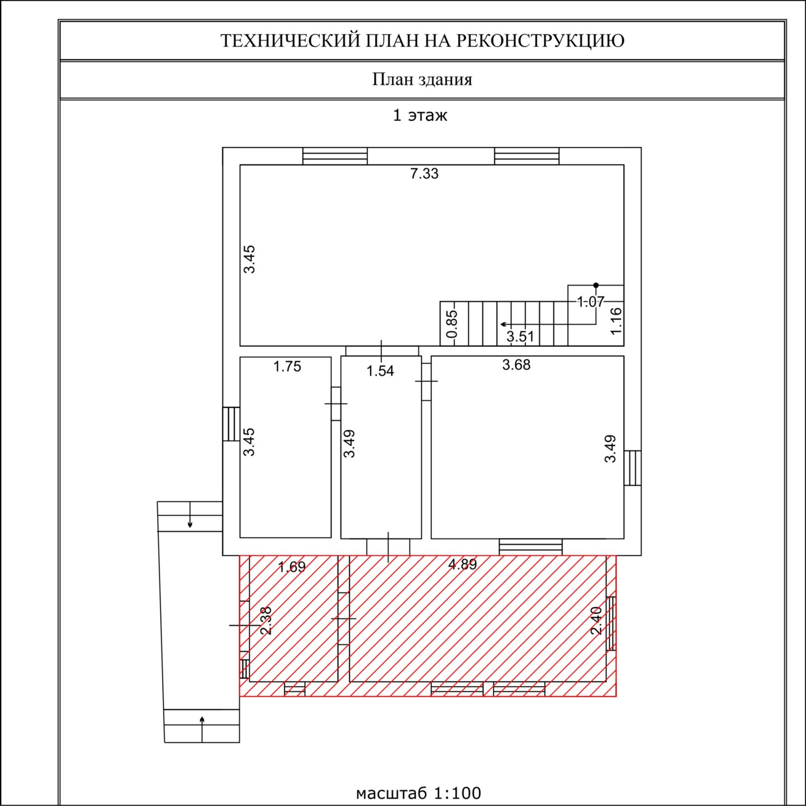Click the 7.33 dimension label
tap(424, 174)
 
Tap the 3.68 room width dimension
tap(516, 365)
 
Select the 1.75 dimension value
tap(287, 366)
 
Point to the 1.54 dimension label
tap(380, 371)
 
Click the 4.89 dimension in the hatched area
tap(463, 564)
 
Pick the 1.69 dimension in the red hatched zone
tap(292, 567)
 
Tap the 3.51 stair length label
tap(520, 337)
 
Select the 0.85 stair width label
tap(452, 324)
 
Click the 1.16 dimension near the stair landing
tap(616, 320)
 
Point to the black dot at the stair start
tap(595, 285)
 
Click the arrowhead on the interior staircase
tap(503, 325)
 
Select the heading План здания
tap(422, 80)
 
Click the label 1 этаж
tap(420, 116)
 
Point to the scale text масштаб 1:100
tap(419, 793)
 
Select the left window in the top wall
tap(335, 156)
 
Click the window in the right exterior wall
tap(632, 468)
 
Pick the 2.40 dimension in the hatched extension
tap(596, 621)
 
